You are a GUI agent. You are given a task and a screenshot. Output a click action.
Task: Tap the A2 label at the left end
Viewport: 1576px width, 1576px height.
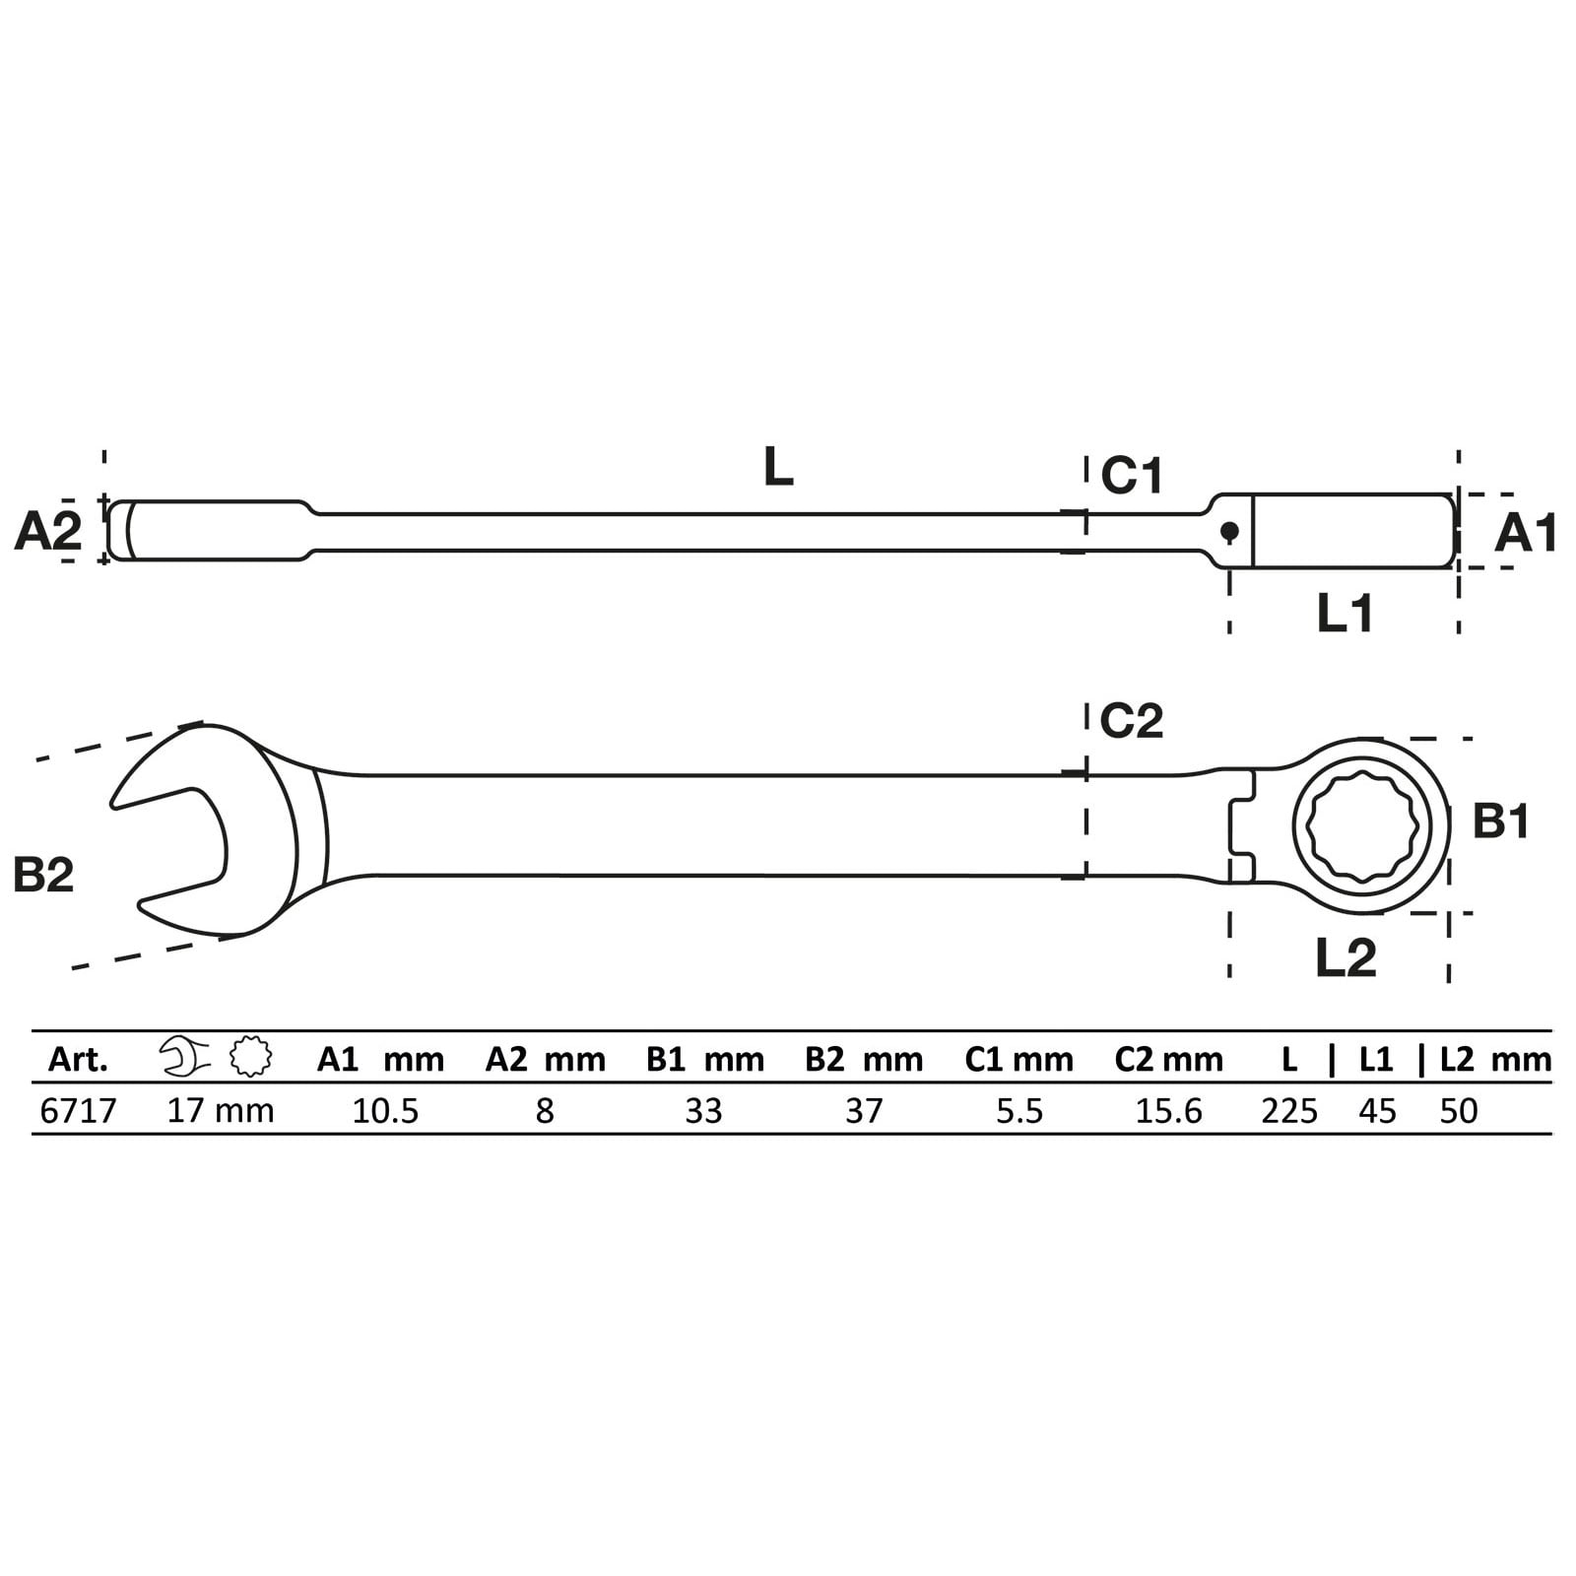pyautogui.click(x=48, y=532)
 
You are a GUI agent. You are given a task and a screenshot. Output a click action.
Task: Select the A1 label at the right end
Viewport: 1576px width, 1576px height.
pyautogui.click(x=1526, y=534)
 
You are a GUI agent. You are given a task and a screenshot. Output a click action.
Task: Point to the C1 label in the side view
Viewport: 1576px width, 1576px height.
pyautogui.click(x=1132, y=476)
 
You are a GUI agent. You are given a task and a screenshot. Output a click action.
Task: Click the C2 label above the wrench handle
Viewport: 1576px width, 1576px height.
pyautogui.click(x=1132, y=721)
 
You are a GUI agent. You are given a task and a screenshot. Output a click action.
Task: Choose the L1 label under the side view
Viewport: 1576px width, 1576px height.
pyautogui.click(x=1346, y=614)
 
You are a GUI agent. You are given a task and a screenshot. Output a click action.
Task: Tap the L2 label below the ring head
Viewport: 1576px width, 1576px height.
pyautogui.click(x=1346, y=957)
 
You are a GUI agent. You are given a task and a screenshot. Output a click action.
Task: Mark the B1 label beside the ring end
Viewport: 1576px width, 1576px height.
pyautogui.click(x=1501, y=821)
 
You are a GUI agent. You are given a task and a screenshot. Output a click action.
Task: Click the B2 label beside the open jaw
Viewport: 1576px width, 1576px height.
pyautogui.click(x=44, y=874)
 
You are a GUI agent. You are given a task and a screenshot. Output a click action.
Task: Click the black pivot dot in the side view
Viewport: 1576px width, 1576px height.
pyautogui.click(x=1229, y=532)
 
